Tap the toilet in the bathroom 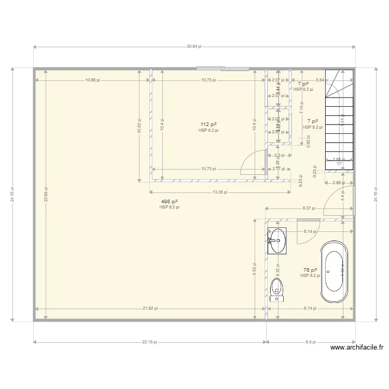[x=277, y=290]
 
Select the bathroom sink [x=277, y=241]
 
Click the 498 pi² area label [x=170, y=201]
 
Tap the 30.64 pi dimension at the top [x=195, y=46]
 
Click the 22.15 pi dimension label [x=150, y=342]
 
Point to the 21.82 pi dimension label [x=150, y=308]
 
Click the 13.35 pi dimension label [x=220, y=191]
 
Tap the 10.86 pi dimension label [x=93, y=80]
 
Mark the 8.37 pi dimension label [x=310, y=209]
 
